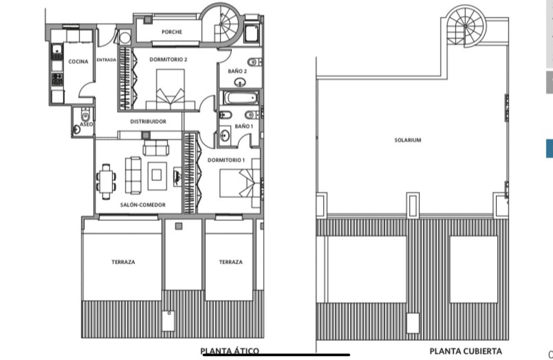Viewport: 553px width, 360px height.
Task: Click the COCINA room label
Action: [x=78, y=61]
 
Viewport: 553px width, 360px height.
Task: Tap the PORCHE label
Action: [x=172, y=32]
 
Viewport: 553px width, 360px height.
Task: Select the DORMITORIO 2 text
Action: [x=168, y=59]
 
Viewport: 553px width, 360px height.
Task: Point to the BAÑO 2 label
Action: [x=237, y=71]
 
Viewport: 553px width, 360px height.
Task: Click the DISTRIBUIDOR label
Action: [x=148, y=122]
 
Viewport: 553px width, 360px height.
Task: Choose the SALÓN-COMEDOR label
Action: [x=143, y=205]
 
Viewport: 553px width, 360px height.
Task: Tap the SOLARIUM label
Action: [x=408, y=140]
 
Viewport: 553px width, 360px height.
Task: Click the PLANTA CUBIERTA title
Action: [x=465, y=351]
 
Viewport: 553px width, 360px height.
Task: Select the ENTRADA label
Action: [x=106, y=60]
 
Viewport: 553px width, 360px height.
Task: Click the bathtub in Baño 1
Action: [x=241, y=98]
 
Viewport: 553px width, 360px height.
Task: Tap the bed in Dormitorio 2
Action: [x=171, y=89]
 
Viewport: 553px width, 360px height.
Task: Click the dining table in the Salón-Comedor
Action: [x=106, y=182]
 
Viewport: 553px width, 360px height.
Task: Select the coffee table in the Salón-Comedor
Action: [x=157, y=176]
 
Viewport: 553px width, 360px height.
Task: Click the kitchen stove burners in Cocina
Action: [x=57, y=79]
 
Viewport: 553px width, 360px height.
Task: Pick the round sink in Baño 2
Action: [x=240, y=82]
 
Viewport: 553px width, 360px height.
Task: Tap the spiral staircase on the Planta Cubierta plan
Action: [x=465, y=26]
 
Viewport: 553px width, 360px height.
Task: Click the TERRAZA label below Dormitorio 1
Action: [x=231, y=262]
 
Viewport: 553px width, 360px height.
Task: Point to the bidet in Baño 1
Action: [x=225, y=115]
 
